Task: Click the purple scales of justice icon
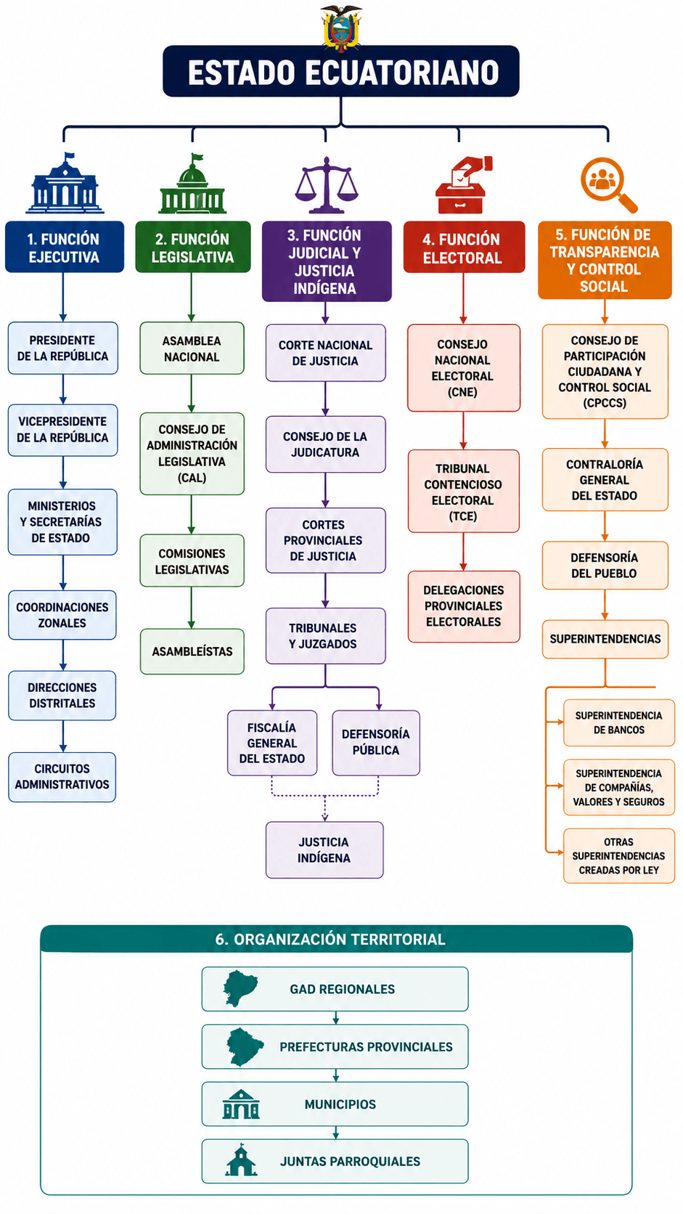pyautogui.click(x=326, y=185)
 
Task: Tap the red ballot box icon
pyautogui.click(x=464, y=185)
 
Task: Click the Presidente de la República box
pyautogui.click(x=63, y=348)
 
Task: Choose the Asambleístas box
pyautogui.click(x=192, y=651)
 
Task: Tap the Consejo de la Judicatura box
pyautogui.click(x=325, y=444)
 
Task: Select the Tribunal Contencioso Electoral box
pyautogui.click(x=464, y=492)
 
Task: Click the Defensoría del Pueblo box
pyautogui.click(x=605, y=566)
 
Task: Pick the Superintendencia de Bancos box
pyautogui.click(x=619, y=723)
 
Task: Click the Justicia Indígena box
pyautogui.click(x=324, y=850)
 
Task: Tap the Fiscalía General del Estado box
pyautogui.click(x=272, y=743)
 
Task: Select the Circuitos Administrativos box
pyautogui.click(x=62, y=777)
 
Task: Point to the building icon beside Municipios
pyautogui.click(x=241, y=1104)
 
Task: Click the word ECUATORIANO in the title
pyautogui.click(x=401, y=73)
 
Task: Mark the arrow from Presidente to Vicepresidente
pyautogui.click(x=63, y=389)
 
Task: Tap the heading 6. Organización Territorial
pyautogui.click(x=330, y=940)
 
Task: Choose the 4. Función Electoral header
pyautogui.click(x=465, y=247)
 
